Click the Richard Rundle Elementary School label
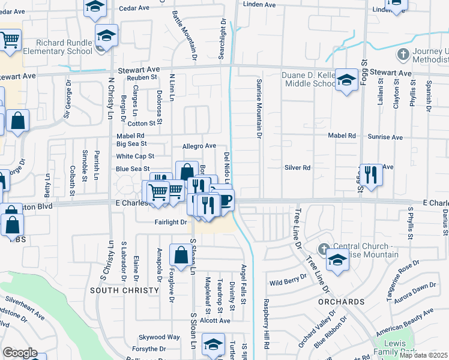point(59,47)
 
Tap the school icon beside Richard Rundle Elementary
point(106,35)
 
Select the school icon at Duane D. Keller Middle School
point(346,80)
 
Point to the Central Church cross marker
point(324,248)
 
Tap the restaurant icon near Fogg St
point(371,175)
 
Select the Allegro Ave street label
point(199,146)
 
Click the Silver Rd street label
point(297,168)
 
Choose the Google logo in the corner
point(20,353)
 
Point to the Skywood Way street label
point(159,337)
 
